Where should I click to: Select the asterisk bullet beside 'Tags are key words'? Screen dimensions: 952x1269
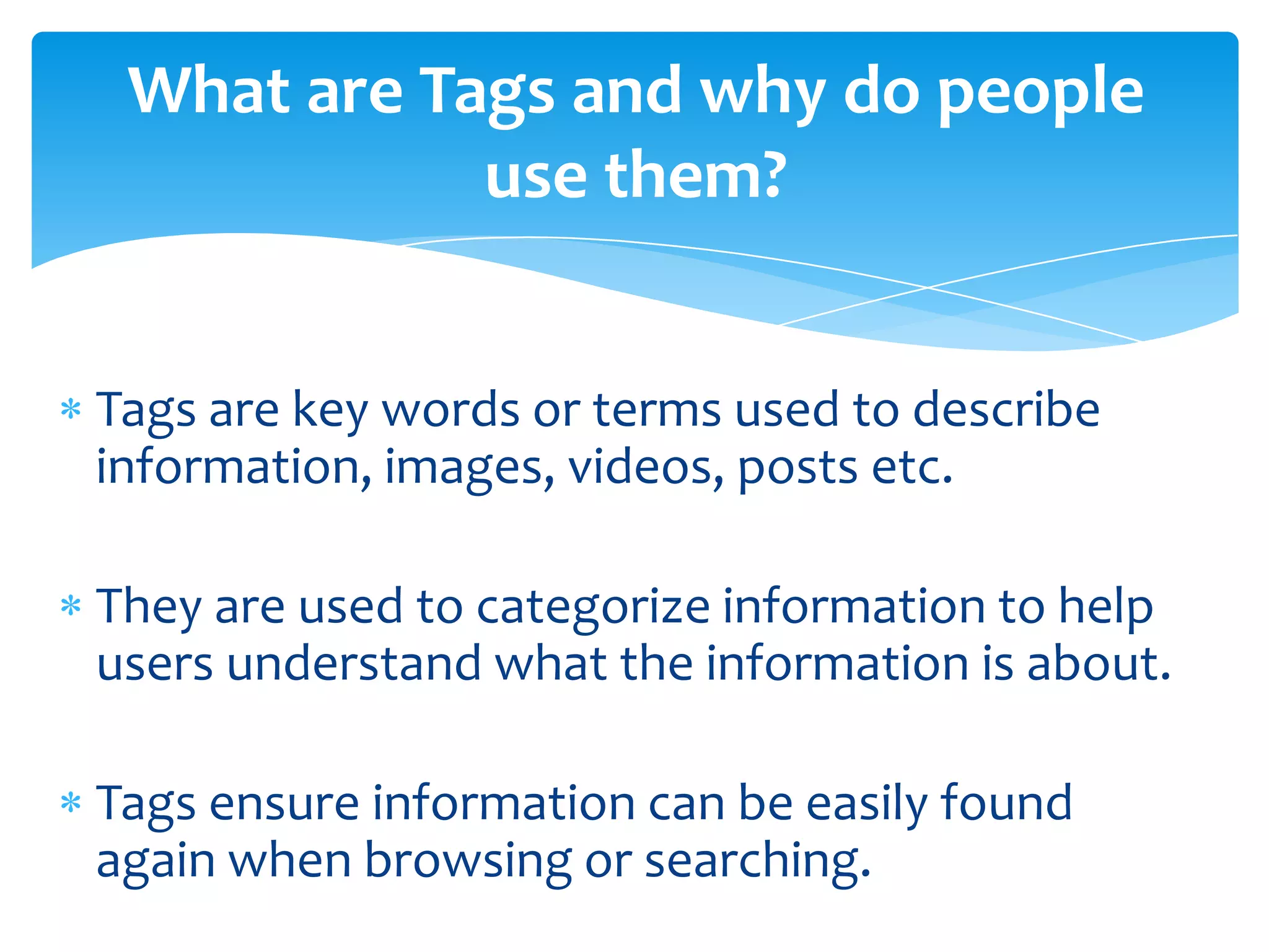(71, 410)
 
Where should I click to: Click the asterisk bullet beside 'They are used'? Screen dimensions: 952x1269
(71, 606)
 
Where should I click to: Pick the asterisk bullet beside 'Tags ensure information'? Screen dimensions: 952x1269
(71, 803)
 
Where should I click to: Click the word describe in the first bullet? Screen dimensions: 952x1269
(1006, 410)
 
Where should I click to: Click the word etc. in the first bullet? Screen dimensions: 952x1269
(912, 467)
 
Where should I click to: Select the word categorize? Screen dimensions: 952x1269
(593, 608)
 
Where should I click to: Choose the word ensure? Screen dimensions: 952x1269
(284, 804)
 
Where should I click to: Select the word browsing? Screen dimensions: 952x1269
(468, 862)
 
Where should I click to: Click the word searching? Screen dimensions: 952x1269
(757, 862)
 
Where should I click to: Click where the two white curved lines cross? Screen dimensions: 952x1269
(928, 288)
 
